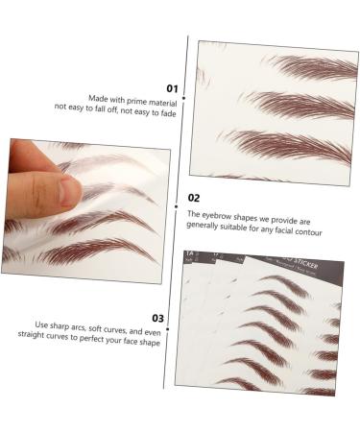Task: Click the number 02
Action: pyautogui.click(x=192, y=199)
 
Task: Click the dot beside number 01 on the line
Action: pyautogui.click(x=188, y=88)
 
